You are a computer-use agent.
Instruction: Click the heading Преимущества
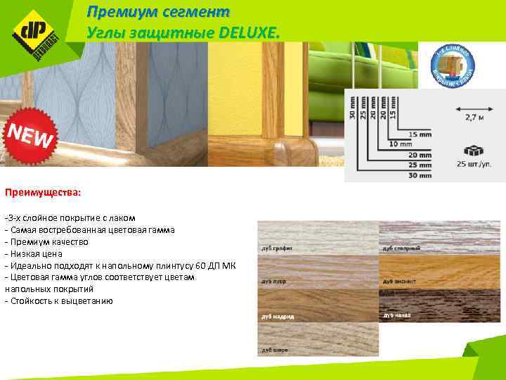click(43, 191)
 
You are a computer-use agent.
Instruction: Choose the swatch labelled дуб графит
click(318, 236)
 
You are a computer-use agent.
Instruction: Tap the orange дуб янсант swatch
click(439, 272)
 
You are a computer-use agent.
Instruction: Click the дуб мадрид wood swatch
click(318, 305)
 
